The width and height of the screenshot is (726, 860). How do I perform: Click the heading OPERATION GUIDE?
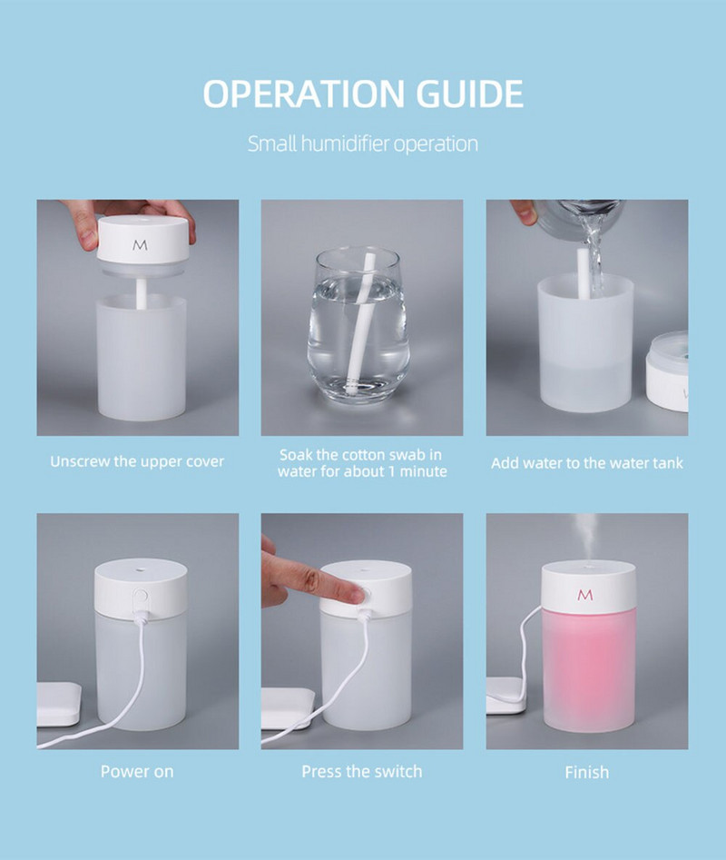(x=363, y=94)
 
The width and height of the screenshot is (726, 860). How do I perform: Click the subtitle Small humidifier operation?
(x=363, y=143)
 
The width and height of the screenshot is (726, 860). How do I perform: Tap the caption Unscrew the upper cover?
(x=137, y=461)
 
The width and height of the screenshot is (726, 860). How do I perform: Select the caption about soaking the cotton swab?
(x=362, y=462)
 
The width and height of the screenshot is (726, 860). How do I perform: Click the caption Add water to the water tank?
(x=587, y=463)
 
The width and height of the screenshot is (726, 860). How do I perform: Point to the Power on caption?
(x=137, y=772)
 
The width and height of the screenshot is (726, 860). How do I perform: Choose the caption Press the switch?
(x=362, y=772)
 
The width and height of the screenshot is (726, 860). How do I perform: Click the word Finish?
(x=587, y=772)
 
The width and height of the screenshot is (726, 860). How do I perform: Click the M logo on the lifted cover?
(x=140, y=245)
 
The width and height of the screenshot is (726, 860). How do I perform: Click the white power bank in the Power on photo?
(x=57, y=704)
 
